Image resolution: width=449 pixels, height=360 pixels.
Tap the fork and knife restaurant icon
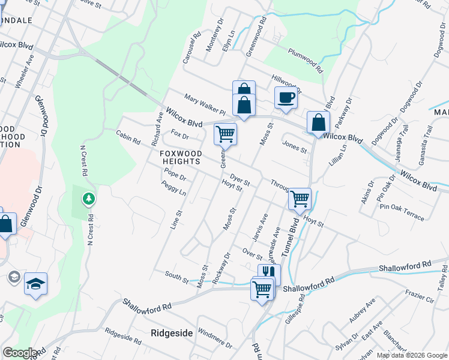coord(269,274)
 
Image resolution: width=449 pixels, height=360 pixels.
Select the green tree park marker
coord(89,198)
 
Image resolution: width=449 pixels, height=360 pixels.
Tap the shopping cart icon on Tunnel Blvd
coord(299,198)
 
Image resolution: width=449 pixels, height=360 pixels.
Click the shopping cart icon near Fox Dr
coord(225,134)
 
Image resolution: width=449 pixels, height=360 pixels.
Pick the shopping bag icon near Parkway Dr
coord(318,122)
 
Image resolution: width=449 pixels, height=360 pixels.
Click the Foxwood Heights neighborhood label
coord(180,157)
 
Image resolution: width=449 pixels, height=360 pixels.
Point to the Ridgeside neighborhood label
coord(172,332)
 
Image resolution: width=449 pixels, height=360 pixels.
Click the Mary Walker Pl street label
coord(204,104)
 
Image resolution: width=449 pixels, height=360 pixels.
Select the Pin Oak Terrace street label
coord(402,212)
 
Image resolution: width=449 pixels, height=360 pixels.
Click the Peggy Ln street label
coord(173,189)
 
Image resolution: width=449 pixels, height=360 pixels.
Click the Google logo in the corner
coord(19,353)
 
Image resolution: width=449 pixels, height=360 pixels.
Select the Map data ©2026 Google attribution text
coord(412,355)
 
